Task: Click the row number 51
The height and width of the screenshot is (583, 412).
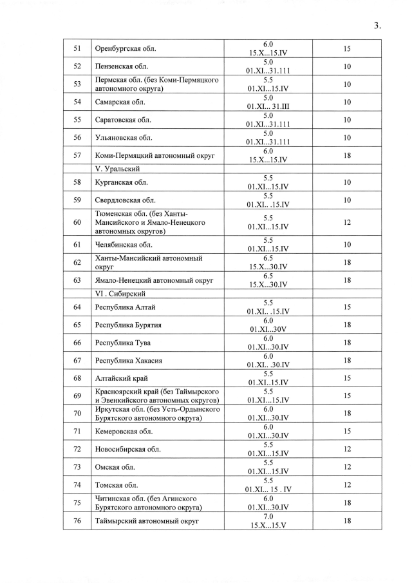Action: click(x=77, y=48)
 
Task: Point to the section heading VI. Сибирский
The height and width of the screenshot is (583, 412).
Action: click(x=119, y=293)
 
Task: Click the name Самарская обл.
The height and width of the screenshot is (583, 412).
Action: click(x=120, y=102)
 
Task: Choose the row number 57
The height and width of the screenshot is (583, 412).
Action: click(x=77, y=155)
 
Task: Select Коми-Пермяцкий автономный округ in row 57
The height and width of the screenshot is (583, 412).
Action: click(x=155, y=155)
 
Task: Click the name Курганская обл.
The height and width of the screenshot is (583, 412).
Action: click(x=121, y=182)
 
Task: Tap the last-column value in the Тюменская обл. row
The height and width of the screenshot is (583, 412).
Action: click(x=346, y=222)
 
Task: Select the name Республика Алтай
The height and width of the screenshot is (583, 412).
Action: click(x=125, y=307)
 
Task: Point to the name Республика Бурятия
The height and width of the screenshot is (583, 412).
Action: click(x=127, y=325)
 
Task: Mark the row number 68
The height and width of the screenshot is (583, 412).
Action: click(x=77, y=378)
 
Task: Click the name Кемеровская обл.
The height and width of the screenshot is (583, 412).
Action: click(x=124, y=431)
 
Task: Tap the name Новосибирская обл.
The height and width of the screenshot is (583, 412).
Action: click(x=127, y=449)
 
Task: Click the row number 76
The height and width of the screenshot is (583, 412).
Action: click(x=77, y=521)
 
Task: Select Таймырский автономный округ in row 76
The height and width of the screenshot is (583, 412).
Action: click(x=147, y=521)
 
